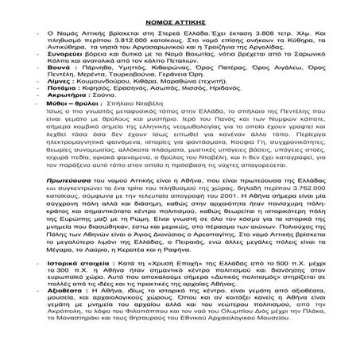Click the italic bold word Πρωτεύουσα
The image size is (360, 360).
point(75,204)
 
